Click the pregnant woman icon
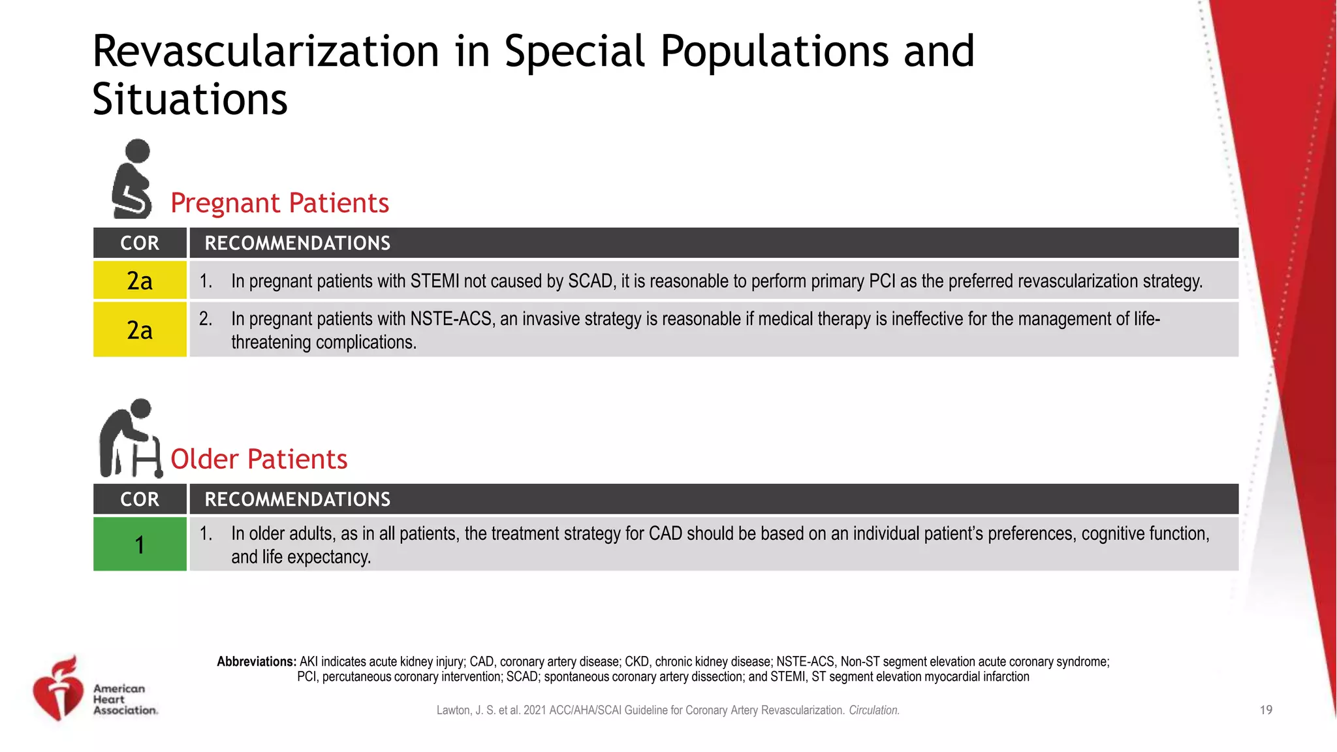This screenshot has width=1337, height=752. coord(133,179)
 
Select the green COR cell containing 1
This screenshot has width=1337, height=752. coord(140,544)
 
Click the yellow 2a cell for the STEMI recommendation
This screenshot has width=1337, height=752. coord(140,281)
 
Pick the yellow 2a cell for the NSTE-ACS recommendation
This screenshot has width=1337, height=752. coord(140,330)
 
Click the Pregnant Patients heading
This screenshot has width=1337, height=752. coord(279,203)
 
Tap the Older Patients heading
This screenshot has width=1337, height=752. coord(259,459)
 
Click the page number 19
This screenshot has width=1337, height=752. coord(1266,710)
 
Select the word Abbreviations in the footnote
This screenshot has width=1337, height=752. coord(257,661)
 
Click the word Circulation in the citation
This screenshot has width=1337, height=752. coord(873,710)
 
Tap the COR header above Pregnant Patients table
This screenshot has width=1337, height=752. coord(140,243)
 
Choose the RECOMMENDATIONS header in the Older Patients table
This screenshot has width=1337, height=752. coord(298,499)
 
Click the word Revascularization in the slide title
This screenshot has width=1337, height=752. coord(266,51)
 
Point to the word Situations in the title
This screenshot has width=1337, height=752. coord(190,99)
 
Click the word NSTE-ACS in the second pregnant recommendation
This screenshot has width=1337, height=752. coord(451,319)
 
